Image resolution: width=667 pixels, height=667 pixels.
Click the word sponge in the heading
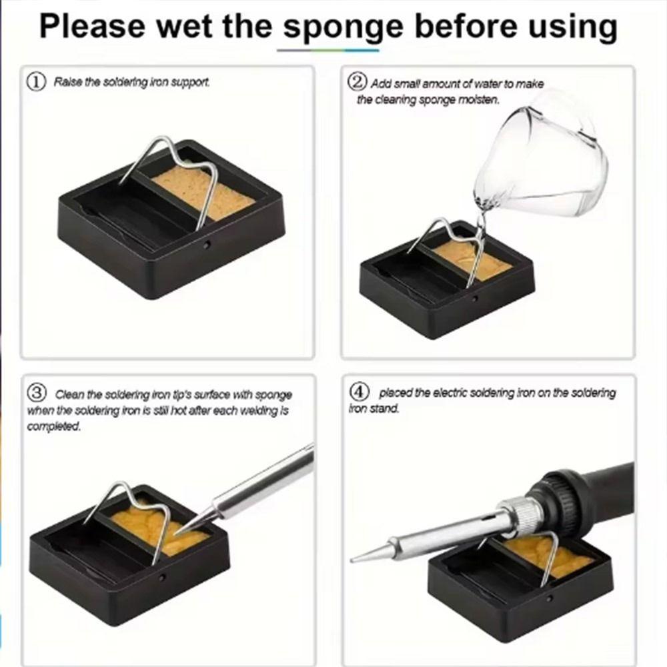[x=343, y=27]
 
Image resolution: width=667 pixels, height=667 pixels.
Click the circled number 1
[x=36, y=81]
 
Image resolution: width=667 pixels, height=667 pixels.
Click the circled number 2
[x=357, y=81]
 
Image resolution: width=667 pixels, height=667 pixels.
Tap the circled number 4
[x=359, y=391]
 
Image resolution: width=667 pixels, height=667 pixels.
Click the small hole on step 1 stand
[x=207, y=245]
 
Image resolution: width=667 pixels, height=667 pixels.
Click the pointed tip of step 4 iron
[x=351, y=560]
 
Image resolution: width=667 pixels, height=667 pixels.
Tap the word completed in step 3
[x=53, y=426]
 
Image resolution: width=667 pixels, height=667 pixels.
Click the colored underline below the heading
[x=327, y=50]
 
